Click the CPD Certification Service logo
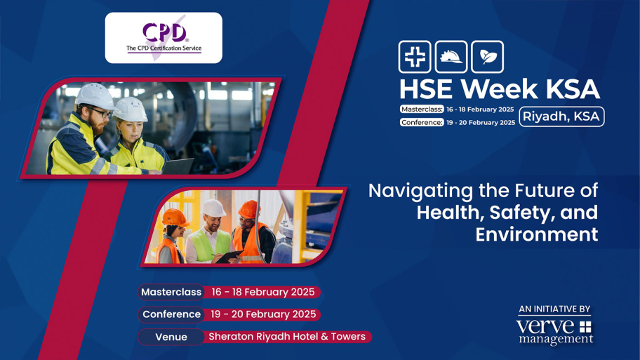click(x=164, y=38)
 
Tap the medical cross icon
click(x=415, y=58)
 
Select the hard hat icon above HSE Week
click(x=451, y=58)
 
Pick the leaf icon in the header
click(x=487, y=58)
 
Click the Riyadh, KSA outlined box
click(x=561, y=116)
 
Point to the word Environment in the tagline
click(x=536, y=234)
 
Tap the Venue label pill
click(x=171, y=337)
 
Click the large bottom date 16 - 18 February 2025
click(x=263, y=292)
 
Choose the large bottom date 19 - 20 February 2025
click(x=263, y=314)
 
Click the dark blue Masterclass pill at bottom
click(x=171, y=292)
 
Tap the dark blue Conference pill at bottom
click(x=171, y=314)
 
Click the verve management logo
click(x=554, y=331)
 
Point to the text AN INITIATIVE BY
click(x=554, y=309)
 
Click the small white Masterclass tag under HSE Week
click(x=422, y=109)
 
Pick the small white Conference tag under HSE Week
click(x=422, y=122)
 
